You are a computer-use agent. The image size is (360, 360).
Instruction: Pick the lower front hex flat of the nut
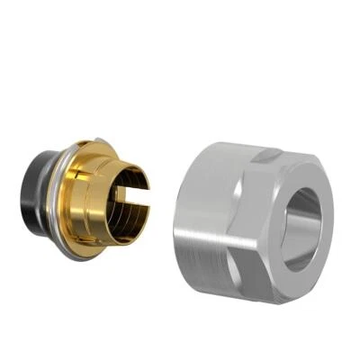(270, 270)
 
